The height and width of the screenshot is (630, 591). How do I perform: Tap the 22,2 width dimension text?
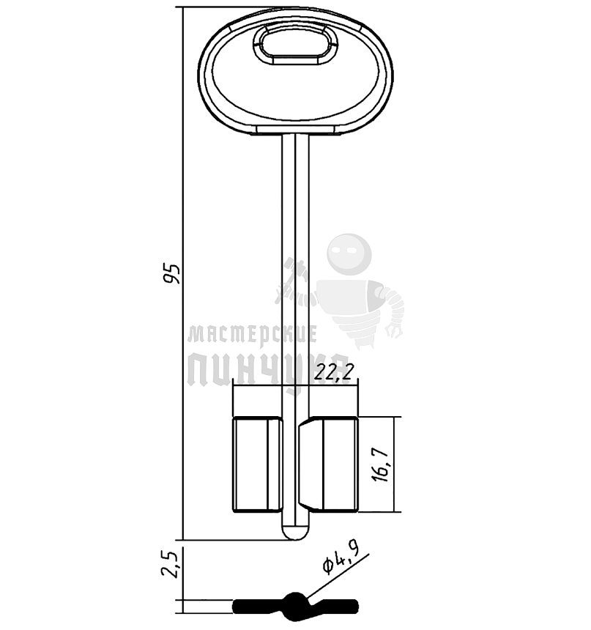(x=334, y=373)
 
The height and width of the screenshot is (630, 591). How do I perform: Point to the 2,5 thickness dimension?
(x=170, y=564)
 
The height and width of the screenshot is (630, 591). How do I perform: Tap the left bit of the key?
(x=257, y=464)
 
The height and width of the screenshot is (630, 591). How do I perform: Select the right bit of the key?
(x=328, y=464)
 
